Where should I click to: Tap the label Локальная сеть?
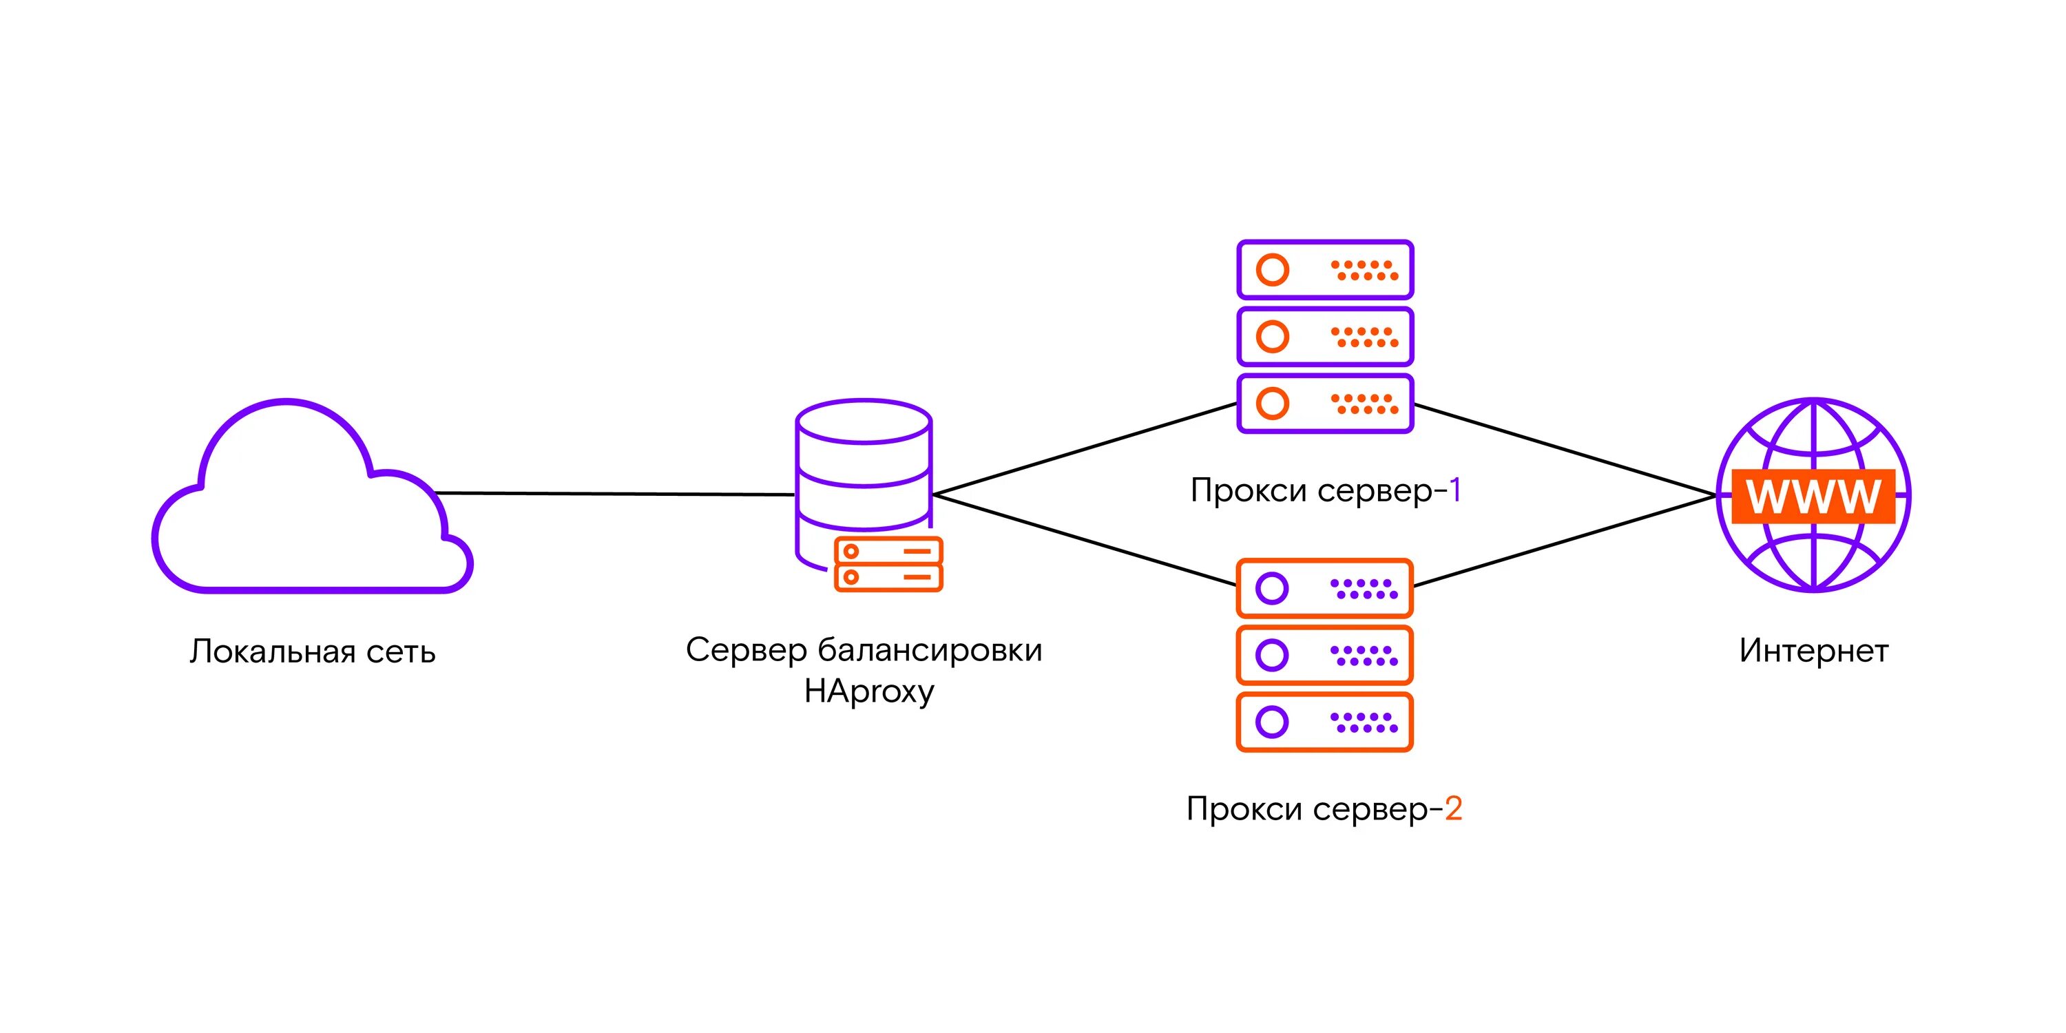(313, 652)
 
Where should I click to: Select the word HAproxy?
(868, 691)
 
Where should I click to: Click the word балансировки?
(930, 649)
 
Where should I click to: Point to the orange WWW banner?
(1813, 497)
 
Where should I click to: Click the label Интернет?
(1813, 650)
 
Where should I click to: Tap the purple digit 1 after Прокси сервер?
(1456, 490)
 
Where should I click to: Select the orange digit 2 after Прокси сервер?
(1453, 808)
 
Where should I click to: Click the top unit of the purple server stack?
(1325, 269)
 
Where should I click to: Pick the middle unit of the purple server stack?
(1325, 336)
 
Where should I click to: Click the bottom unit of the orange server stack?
(1325, 722)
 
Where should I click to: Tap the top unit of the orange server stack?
(1325, 588)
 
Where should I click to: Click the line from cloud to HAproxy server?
(614, 494)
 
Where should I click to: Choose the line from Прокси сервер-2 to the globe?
(1564, 541)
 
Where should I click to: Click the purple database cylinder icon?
(864, 465)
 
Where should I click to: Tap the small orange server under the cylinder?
(888, 565)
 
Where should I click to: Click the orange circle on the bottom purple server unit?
(1272, 404)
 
